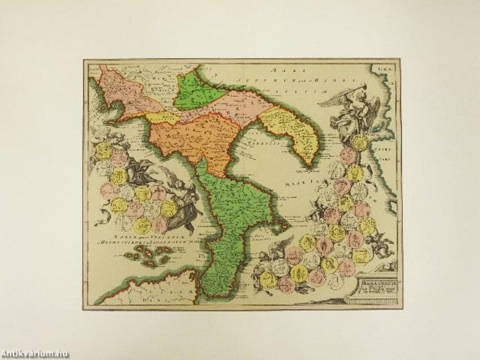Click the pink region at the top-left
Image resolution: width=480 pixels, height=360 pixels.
(127, 93)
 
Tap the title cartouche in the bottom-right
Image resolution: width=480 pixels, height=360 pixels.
(374, 281)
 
